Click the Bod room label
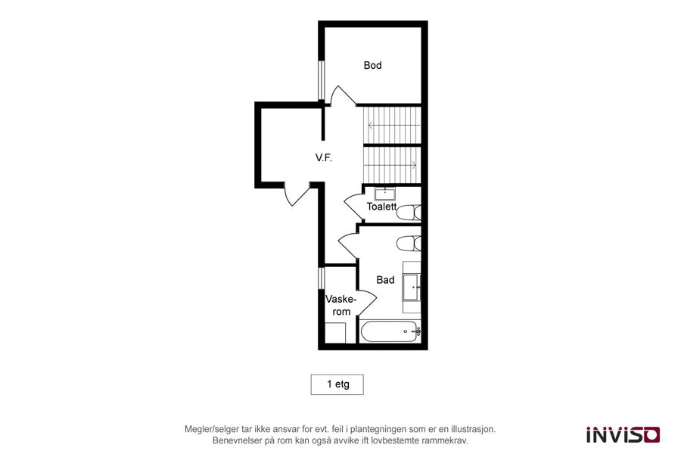click(372, 66)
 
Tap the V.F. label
click(324, 157)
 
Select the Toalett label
click(381, 207)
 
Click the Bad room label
click(385, 280)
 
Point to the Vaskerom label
click(341, 306)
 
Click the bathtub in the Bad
click(390, 331)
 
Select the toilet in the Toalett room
click(409, 213)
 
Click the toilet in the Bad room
click(409, 244)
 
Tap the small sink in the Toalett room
click(385, 194)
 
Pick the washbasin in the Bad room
click(412, 288)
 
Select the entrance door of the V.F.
click(297, 194)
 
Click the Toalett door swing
click(353, 207)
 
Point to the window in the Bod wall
click(322, 81)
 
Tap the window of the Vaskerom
click(322, 278)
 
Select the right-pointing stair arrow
click(390, 165)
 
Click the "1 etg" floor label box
click(337, 384)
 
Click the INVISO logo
click(623, 434)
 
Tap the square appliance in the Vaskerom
click(335, 333)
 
